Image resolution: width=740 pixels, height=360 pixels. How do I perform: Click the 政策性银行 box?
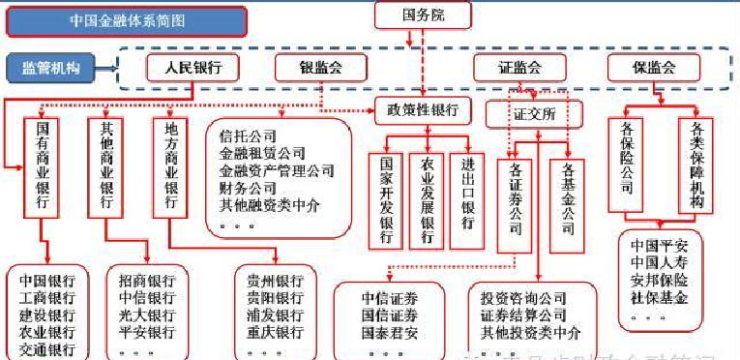[423, 108]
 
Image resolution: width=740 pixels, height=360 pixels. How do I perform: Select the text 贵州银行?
[275, 281]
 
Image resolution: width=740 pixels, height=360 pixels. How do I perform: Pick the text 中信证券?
[390, 297]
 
